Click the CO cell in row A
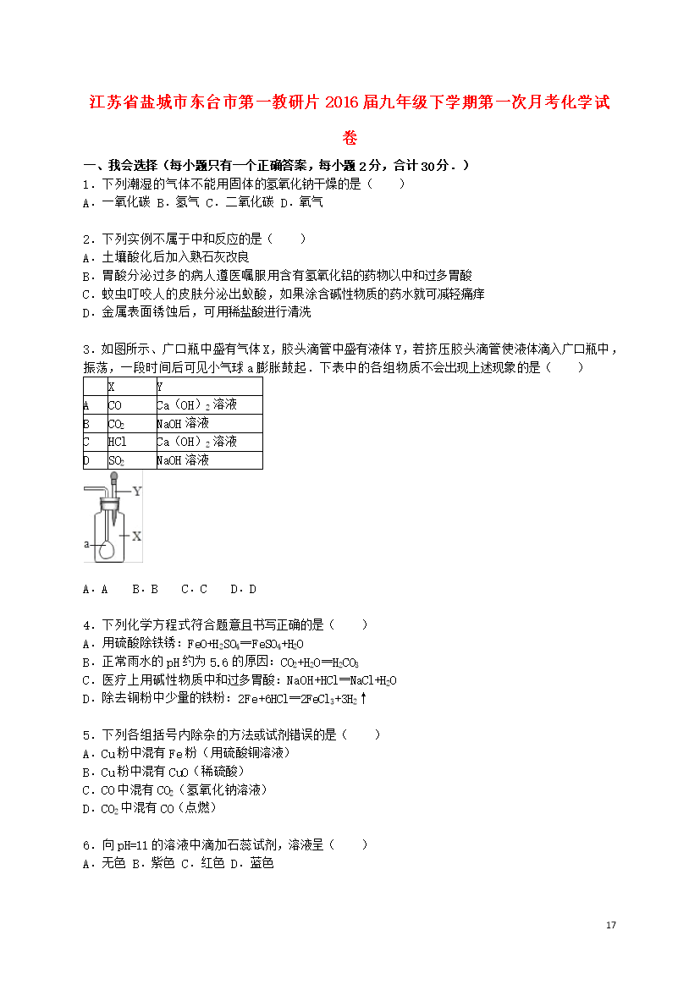point(115,405)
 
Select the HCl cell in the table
point(117,442)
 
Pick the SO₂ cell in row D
point(117,460)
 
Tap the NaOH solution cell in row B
point(183,423)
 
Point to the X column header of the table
point(112,387)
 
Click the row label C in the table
point(86,442)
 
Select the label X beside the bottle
point(136,536)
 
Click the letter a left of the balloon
point(86,545)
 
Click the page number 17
point(611,925)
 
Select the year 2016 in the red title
point(361,102)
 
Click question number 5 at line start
point(86,734)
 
